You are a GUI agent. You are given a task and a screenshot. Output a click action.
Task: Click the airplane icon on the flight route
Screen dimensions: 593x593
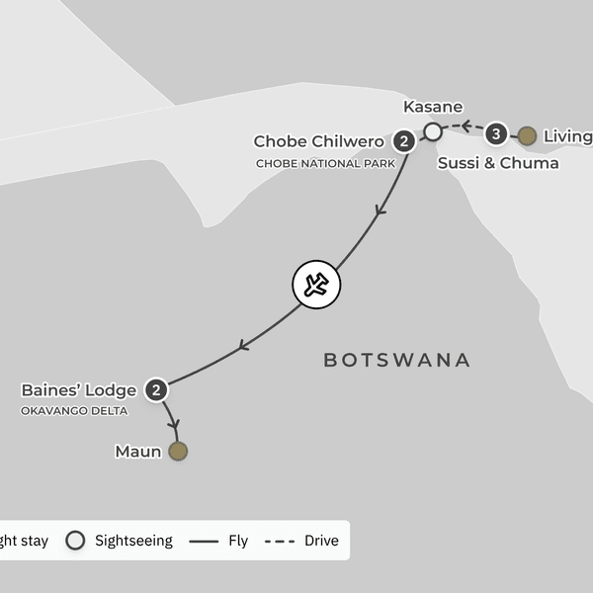pos(316,286)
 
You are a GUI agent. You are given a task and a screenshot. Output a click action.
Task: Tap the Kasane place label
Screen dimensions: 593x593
pos(433,107)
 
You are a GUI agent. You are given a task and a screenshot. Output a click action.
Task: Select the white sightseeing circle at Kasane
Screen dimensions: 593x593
pos(433,131)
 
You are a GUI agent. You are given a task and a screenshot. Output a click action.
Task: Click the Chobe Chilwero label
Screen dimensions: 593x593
pos(318,141)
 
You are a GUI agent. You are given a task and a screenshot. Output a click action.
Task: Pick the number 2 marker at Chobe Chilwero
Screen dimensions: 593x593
pos(403,141)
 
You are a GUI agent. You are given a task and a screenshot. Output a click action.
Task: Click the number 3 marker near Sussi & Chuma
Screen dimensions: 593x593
pos(497,133)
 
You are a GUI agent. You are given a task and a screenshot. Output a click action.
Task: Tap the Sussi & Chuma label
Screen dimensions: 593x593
pos(497,163)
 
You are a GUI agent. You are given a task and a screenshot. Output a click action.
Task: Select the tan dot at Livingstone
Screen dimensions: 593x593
pos(528,135)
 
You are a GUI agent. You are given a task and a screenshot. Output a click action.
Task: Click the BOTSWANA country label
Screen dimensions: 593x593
pos(396,360)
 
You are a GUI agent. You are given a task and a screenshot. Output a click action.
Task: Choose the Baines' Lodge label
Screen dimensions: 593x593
pos(78,389)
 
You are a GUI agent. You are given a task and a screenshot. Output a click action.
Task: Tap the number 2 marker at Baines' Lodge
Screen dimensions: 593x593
pos(156,389)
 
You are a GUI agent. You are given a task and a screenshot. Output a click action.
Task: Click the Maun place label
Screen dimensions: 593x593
pos(137,452)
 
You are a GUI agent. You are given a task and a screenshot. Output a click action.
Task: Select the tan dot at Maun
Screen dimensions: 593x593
pos(178,452)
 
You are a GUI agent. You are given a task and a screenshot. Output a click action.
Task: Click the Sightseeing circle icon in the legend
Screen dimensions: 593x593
pos(74,541)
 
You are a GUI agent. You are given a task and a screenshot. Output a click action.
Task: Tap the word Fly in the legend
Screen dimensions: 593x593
pos(237,541)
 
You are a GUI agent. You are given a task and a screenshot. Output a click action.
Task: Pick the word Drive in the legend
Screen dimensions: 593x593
pos(322,541)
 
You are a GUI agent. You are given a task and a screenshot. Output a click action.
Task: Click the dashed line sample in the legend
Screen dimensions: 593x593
pos(281,541)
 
